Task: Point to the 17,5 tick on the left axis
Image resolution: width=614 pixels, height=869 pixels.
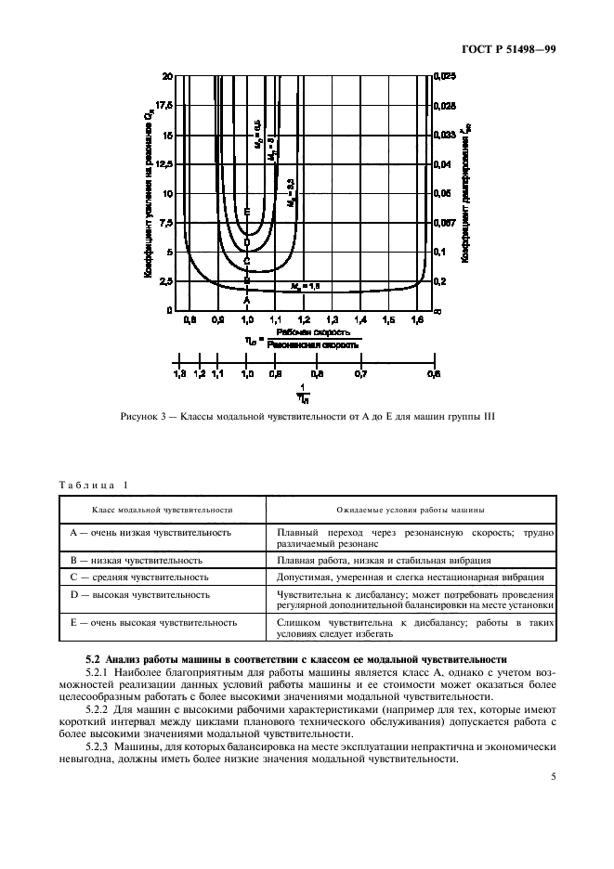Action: (x=165, y=105)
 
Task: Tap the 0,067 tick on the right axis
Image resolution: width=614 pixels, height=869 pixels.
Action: (x=445, y=223)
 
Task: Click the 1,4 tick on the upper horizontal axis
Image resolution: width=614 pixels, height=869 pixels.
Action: (x=360, y=319)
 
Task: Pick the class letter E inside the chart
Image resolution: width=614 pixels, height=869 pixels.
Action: (x=247, y=213)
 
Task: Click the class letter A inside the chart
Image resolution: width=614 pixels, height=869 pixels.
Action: (x=247, y=300)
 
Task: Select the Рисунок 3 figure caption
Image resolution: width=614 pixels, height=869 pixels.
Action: (x=307, y=415)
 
